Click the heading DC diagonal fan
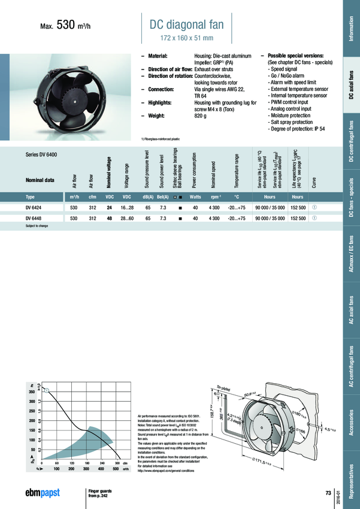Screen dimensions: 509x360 (190, 25)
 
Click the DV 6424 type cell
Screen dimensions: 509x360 (34, 207)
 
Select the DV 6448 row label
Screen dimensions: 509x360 (34, 219)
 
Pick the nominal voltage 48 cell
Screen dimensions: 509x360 (109, 219)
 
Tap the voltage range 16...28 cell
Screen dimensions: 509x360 (127, 207)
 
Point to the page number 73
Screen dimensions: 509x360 (328, 492)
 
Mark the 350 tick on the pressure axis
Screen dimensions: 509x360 (32, 392)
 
